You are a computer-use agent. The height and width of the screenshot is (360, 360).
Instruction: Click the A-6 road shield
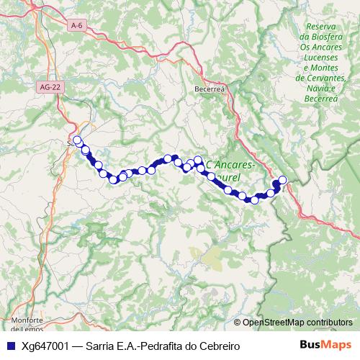(77, 26)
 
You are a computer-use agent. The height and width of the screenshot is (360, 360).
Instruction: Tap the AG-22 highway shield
(48, 87)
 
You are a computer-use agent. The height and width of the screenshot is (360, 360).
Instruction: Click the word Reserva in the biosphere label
(322, 27)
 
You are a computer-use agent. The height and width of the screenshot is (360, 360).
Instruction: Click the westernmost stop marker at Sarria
(77, 140)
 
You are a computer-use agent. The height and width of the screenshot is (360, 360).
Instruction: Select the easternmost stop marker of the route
(282, 180)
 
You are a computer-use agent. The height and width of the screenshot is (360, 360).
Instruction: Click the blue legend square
(9, 346)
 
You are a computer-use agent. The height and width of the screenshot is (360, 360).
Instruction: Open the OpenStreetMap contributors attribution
(297, 323)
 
